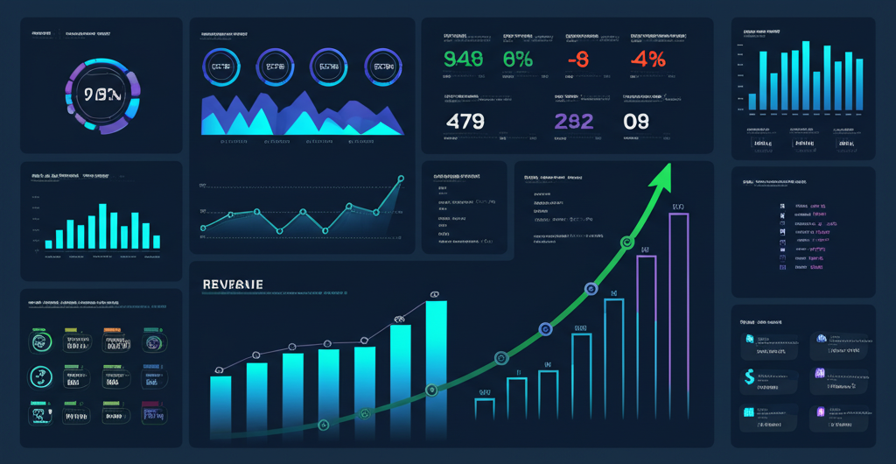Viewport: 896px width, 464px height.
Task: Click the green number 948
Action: [462, 60]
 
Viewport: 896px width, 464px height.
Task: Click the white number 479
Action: [465, 121]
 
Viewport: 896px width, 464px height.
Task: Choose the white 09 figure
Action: [636, 121]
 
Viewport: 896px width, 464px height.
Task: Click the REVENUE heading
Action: [233, 285]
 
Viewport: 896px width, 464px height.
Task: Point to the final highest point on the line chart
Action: [402, 178]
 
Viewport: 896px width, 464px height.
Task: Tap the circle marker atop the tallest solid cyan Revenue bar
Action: [433, 294]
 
